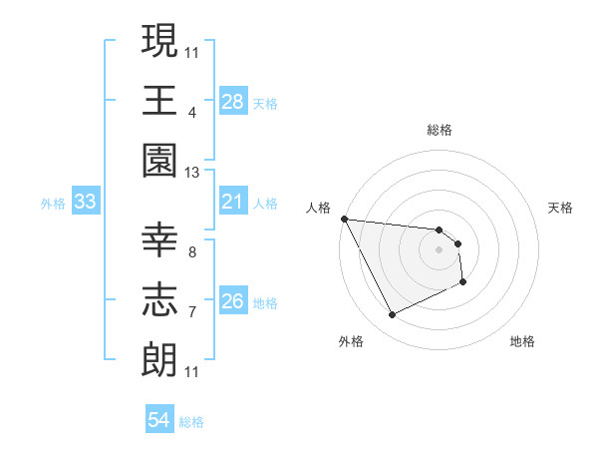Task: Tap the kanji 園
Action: coord(159,160)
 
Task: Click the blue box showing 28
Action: coord(233,101)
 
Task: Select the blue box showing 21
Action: coord(233,202)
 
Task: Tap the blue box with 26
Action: coord(233,301)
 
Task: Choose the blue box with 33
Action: coord(86,202)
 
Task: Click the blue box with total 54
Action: coord(159,420)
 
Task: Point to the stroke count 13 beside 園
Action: coord(192,173)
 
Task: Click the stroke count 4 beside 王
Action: coord(191,112)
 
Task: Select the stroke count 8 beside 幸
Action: coord(191,252)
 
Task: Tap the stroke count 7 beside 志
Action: coord(191,312)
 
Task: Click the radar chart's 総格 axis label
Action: coord(440,130)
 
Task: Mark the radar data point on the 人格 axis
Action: coord(344,219)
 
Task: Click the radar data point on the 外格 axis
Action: coord(392,315)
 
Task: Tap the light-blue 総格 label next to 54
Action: coord(191,422)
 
